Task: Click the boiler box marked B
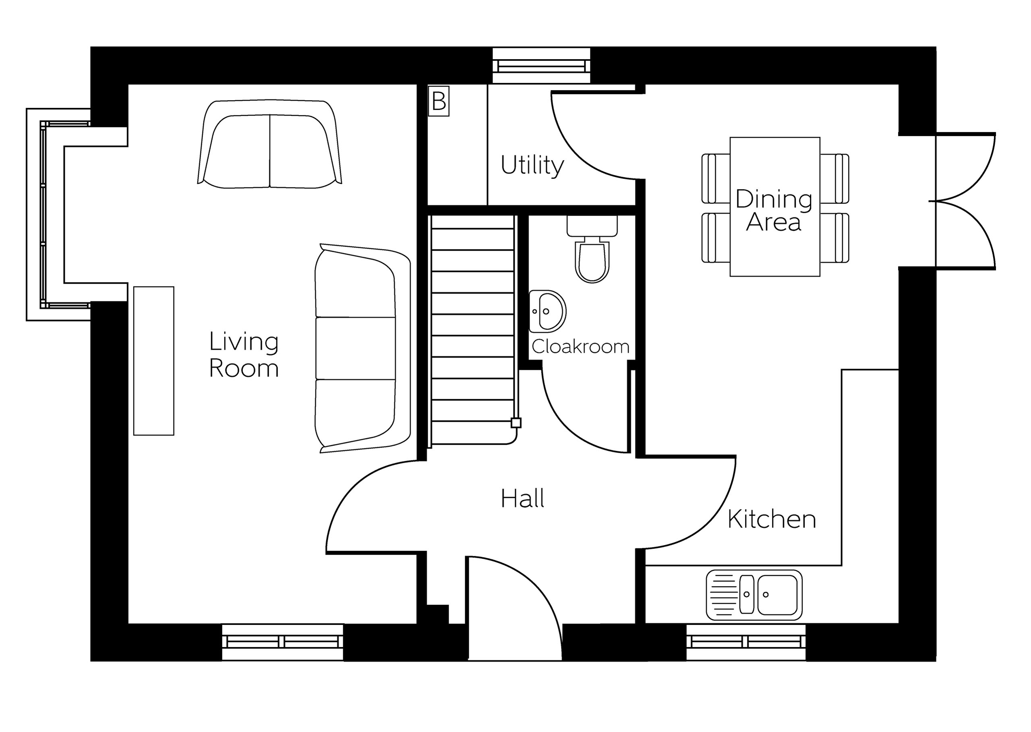[439, 101]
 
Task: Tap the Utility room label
[532, 166]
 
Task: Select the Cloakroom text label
[580, 346]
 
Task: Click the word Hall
[523, 498]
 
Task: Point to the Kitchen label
[772, 519]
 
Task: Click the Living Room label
[244, 355]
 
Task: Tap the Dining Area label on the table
[774, 210]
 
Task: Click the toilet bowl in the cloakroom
[592, 261]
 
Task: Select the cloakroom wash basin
[547, 311]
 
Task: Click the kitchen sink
[754, 595]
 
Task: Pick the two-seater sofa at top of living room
[269, 144]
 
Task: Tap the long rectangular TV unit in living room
[154, 361]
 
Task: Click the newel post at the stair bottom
[516, 423]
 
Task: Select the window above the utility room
[541, 66]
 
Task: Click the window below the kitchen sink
[746, 642]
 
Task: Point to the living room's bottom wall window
[283, 642]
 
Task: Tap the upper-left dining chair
[716, 178]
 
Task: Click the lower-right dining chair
[834, 238]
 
